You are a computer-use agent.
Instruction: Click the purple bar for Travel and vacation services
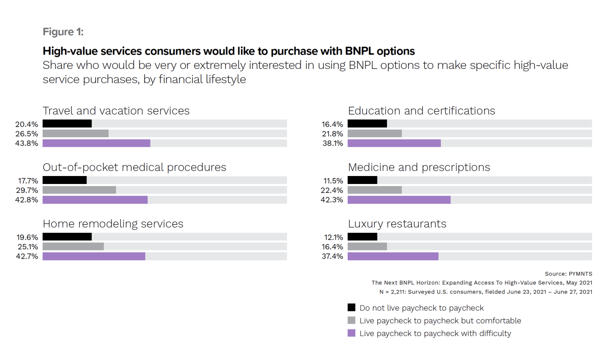[96, 143]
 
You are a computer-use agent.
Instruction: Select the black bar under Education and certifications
[367, 124]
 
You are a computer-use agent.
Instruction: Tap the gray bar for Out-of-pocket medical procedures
[79, 190]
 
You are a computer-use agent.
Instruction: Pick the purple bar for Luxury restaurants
[393, 256]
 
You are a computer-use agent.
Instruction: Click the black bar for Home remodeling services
[67, 237]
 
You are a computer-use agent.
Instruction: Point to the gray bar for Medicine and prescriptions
[375, 190]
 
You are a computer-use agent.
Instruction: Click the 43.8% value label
[26, 143]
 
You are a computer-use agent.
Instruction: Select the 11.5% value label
[333, 181]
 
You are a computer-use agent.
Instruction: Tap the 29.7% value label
[27, 190]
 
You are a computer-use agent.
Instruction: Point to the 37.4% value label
[332, 256]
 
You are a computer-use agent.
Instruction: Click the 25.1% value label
[28, 247]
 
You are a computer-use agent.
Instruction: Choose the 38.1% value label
[332, 143]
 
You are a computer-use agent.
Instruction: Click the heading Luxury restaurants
[397, 224]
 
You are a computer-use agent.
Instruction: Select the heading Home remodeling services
[113, 224]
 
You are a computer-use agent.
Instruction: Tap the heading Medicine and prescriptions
[419, 167]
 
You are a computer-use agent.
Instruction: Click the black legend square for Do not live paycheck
[351, 307]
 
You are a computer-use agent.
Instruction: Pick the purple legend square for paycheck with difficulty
[351, 333]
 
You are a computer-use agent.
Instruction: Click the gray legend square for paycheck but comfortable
[351, 320]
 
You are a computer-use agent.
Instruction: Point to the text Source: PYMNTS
[568, 274]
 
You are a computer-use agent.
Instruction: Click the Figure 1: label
[63, 32]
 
